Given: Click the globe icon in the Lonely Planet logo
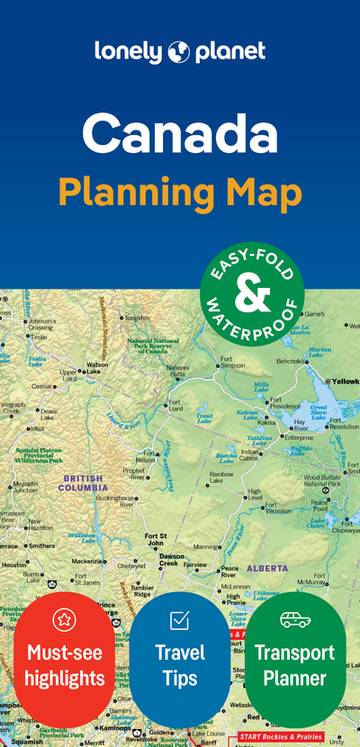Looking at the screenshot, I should (x=179, y=53).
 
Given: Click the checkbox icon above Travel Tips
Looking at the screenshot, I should (x=180, y=619).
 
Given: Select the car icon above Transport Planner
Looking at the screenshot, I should (x=294, y=619).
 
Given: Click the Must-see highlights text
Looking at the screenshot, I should (x=65, y=663).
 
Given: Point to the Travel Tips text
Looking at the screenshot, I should (x=180, y=663).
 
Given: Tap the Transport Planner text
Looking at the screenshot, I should (x=294, y=663).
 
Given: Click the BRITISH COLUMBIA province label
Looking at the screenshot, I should (x=83, y=482).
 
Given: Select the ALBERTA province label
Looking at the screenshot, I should (x=266, y=568).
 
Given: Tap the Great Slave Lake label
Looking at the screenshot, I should (x=319, y=411).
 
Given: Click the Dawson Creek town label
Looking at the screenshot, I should (x=171, y=559).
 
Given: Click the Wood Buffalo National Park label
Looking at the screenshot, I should (x=322, y=481).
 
